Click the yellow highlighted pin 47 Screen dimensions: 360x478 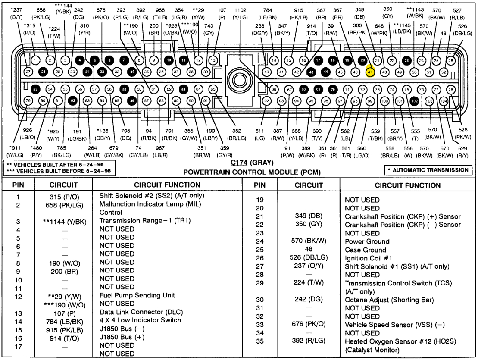pos(370,72)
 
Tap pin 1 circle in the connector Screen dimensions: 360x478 pos(36,61)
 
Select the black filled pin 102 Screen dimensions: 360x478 pos(415,101)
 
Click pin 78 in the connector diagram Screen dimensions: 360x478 pos(451,90)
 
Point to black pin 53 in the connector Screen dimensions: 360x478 pos(36,89)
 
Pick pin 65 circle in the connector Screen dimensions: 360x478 pos(213,89)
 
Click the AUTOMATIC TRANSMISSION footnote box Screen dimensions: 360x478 pos(428,170)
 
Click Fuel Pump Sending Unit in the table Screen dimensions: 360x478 pos(137,295)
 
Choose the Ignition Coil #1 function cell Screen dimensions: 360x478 pos(366,258)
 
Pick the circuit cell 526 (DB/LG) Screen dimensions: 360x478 pos(309,258)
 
